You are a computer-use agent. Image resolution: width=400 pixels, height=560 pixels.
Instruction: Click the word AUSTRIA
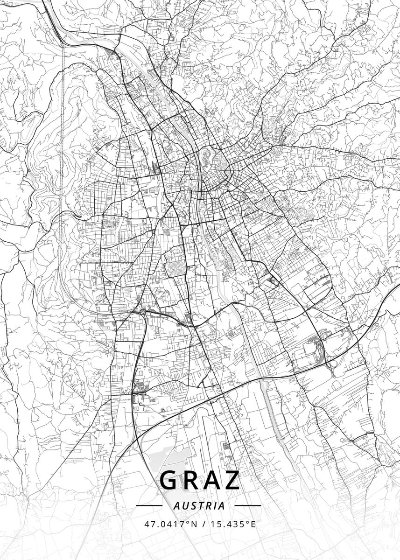198,505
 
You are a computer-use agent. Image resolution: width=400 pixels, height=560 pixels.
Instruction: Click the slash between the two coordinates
204,524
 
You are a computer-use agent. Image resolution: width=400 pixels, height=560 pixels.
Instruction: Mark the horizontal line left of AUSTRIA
149,505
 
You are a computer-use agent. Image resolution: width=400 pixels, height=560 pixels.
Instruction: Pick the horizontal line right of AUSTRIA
248,505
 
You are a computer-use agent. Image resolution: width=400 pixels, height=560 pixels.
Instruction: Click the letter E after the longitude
253,524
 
